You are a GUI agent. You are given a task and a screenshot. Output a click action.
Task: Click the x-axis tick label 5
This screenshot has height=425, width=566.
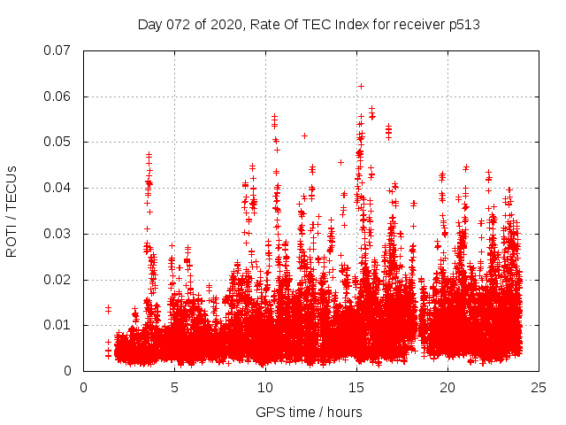(174, 387)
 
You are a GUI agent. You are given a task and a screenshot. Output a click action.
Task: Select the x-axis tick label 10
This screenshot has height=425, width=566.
(265, 387)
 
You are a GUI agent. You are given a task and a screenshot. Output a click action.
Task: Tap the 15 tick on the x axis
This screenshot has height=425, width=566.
(356, 387)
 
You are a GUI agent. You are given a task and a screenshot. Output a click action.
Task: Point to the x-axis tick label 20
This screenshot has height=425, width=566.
(447, 387)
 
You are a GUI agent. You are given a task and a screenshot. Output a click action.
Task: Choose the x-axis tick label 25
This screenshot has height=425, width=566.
(539, 387)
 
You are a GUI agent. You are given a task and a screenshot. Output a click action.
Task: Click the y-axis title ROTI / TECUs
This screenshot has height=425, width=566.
(12, 211)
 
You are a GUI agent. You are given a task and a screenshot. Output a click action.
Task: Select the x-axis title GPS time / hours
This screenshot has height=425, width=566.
(309, 412)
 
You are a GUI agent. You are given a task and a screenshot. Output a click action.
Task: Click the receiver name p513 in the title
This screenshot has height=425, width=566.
(463, 25)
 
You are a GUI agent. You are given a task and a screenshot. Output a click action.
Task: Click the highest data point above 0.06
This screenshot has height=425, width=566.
(361, 86)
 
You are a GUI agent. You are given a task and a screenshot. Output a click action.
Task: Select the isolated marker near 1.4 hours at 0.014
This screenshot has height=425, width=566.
(108, 308)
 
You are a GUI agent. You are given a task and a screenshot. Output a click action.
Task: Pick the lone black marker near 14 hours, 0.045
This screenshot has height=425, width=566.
(340, 162)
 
